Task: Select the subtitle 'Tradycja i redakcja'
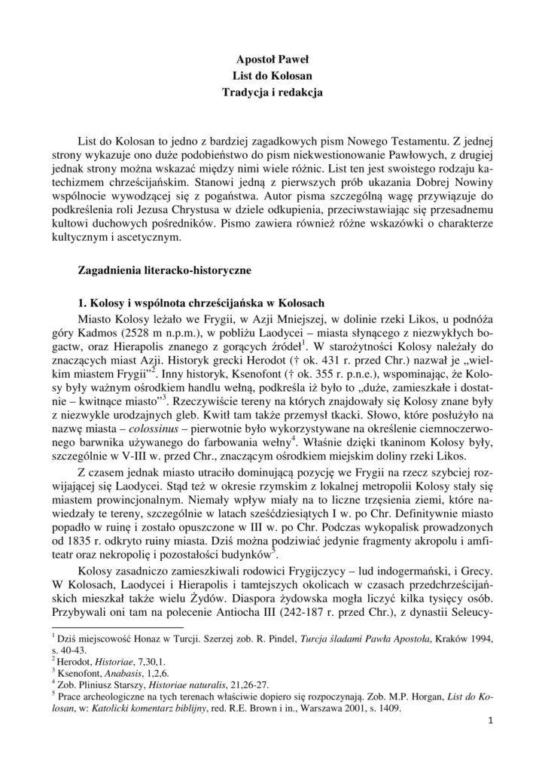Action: tap(272, 93)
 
